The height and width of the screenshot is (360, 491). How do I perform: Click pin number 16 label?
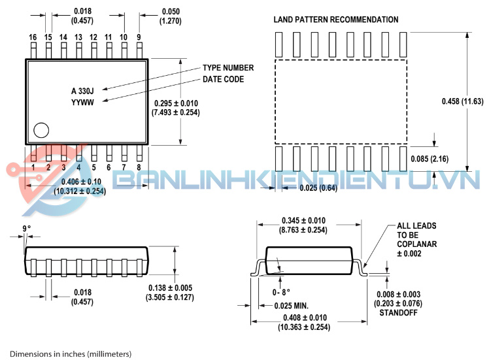tap(33, 37)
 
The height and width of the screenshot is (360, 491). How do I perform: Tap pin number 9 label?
tap(139, 37)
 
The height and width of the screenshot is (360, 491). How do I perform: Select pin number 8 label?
tap(139, 167)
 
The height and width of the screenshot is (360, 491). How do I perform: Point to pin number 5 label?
tap(93, 167)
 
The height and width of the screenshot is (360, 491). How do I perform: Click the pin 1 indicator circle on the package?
tap(41, 130)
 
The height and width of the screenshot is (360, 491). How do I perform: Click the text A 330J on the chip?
tap(82, 91)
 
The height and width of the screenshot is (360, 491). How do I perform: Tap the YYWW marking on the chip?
tap(82, 103)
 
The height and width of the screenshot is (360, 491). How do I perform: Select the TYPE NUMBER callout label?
tap(228, 68)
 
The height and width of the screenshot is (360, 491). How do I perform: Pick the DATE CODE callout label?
tap(223, 79)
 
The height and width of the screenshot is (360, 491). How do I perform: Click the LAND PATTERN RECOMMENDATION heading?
tap(336, 20)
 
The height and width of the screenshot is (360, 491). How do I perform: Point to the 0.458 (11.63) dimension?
tap(462, 101)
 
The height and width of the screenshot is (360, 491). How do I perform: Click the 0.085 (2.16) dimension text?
tap(430, 159)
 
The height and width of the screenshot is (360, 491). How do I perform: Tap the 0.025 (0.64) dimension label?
tap(318, 188)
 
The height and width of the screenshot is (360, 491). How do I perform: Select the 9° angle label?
tap(27, 229)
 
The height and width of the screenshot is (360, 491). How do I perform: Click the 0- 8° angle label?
tap(281, 293)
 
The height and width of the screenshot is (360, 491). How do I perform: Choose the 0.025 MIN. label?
tap(291, 306)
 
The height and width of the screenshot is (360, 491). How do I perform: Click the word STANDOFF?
tap(398, 313)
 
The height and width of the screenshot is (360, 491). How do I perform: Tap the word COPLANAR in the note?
tap(416, 244)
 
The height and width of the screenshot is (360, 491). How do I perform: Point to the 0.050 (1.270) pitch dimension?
tap(171, 16)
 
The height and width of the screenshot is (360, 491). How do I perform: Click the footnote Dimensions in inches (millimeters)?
tap(71, 354)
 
